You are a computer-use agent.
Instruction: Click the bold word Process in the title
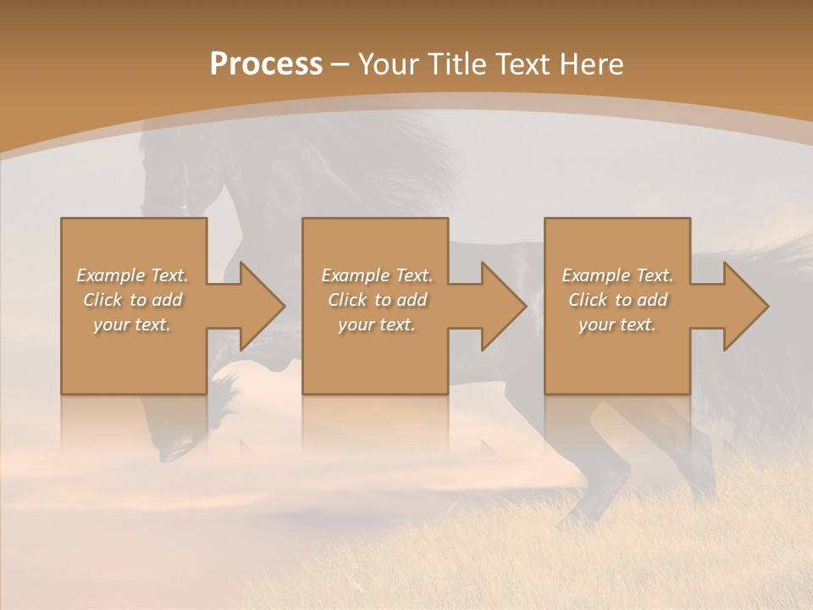[x=266, y=64]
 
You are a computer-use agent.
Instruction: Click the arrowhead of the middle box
[x=503, y=306]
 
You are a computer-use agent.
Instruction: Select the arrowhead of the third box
[x=744, y=306]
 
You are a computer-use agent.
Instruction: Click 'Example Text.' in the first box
[x=133, y=275]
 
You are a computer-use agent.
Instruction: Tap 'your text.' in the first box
[x=133, y=324]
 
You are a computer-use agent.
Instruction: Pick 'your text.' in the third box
[x=617, y=324]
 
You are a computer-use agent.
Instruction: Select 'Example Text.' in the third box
[x=617, y=275]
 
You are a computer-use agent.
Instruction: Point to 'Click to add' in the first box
[x=133, y=300]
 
